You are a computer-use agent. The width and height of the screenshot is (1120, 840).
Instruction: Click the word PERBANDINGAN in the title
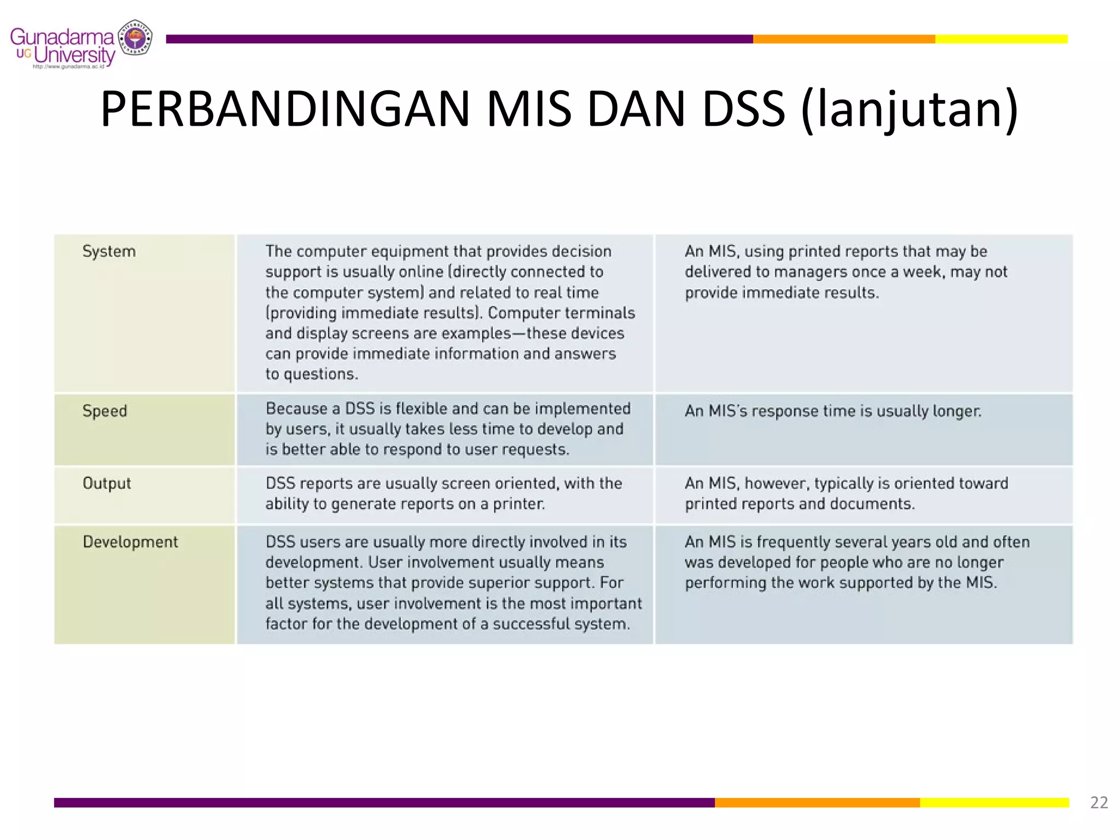click(284, 109)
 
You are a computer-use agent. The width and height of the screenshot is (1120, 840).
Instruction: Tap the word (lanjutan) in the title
click(909, 109)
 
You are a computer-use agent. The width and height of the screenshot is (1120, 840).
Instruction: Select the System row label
click(109, 252)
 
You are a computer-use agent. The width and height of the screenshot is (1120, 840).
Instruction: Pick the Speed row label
click(104, 411)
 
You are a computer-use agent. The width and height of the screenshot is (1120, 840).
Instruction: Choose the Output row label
click(107, 483)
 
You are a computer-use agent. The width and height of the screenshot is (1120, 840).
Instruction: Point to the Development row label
click(130, 542)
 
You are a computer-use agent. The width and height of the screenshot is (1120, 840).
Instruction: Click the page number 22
click(1099, 802)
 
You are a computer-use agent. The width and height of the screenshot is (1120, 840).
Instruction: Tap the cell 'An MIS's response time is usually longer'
click(832, 411)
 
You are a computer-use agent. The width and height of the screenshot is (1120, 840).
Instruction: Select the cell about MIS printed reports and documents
click(845, 493)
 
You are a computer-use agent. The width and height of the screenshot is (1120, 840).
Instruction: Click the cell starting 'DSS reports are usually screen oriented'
click(444, 493)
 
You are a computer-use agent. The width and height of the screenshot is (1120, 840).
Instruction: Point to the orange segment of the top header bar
click(843, 39)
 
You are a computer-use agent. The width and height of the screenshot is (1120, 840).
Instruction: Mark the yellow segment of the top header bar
click(1001, 39)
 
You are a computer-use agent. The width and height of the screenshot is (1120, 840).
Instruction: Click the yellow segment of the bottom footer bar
click(994, 802)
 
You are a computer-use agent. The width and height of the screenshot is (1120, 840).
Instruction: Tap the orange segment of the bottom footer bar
click(817, 802)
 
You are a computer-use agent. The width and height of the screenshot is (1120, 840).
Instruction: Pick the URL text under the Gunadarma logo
click(68, 67)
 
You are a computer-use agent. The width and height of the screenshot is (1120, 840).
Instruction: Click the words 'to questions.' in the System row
click(312, 374)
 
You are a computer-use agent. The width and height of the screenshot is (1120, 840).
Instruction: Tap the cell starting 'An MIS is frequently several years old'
click(856, 562)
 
